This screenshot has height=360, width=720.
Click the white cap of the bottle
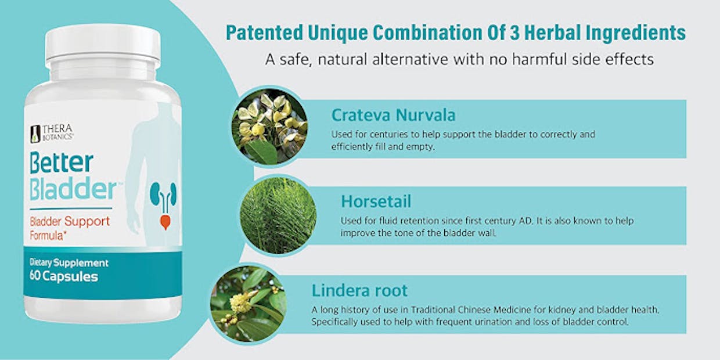point(103,45)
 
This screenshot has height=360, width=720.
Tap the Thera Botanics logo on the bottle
point(52,133)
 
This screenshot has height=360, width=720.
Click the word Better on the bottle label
point(62,163)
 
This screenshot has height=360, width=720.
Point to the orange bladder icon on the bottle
point(165,222)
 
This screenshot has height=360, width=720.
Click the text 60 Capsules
point(64,276)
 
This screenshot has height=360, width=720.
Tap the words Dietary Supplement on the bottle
point(69,262)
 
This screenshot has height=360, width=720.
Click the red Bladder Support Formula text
point(70,228)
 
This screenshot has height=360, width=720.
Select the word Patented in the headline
point(265,33)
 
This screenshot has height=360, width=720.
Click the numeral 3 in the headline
point(514,33)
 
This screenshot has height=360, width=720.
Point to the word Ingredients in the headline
point(636,33)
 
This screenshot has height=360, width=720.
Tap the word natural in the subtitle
point(343,59)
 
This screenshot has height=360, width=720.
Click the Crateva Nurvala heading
point(394,115)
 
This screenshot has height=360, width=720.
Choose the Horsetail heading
point(376,201)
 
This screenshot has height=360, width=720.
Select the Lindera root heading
point(359,290)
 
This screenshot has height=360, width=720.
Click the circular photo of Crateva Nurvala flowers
point(269,127)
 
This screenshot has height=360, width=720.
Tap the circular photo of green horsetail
point(278,215)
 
